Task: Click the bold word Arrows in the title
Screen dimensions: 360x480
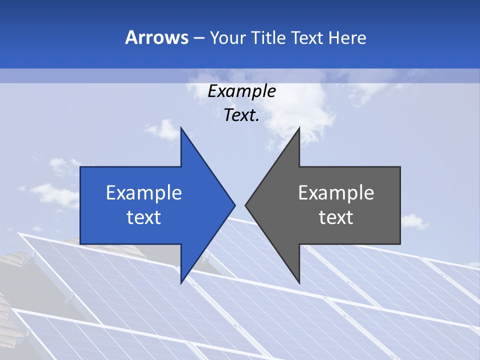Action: point(157,37)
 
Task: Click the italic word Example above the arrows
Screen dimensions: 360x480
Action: point(241,91)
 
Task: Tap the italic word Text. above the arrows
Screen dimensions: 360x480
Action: point(241,115)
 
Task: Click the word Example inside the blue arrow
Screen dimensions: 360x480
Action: point(143,193)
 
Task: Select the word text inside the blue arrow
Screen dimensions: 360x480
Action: point(143,217)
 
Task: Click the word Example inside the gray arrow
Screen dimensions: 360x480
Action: point(336,193)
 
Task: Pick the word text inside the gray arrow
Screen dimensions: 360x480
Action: point(336,217)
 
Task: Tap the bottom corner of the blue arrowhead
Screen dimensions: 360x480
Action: point(181,281)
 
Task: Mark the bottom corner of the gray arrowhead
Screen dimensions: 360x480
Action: point(298,281)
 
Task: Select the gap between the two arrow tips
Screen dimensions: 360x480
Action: point(240,205)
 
